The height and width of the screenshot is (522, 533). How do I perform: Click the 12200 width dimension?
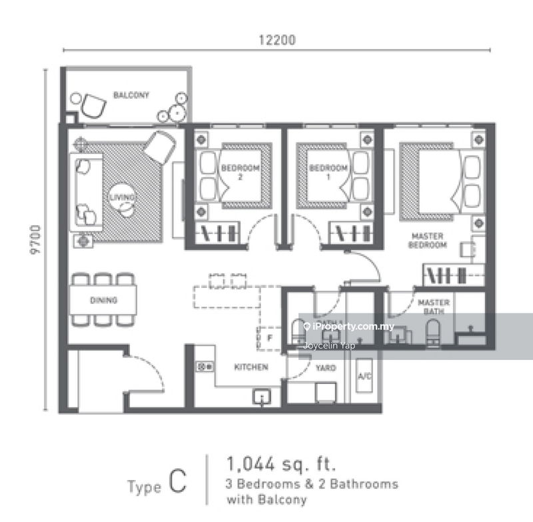click(x=276, y=40)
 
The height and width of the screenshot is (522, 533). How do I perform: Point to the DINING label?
click(x=103, y=301)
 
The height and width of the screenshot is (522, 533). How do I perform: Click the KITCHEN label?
click(x=251, y=367)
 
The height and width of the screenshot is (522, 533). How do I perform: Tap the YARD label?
click(x=325, y=367)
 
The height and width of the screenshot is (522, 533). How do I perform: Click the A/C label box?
click(x=364, y=377)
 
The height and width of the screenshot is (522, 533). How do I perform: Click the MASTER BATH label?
click(x=434, y=307)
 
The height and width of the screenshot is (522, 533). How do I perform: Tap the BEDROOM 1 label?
click(x=328, y=173)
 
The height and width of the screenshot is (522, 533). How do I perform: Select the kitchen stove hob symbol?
click(x=204, y=366)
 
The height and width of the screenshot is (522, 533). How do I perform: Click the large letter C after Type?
click(x=177, y=483)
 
